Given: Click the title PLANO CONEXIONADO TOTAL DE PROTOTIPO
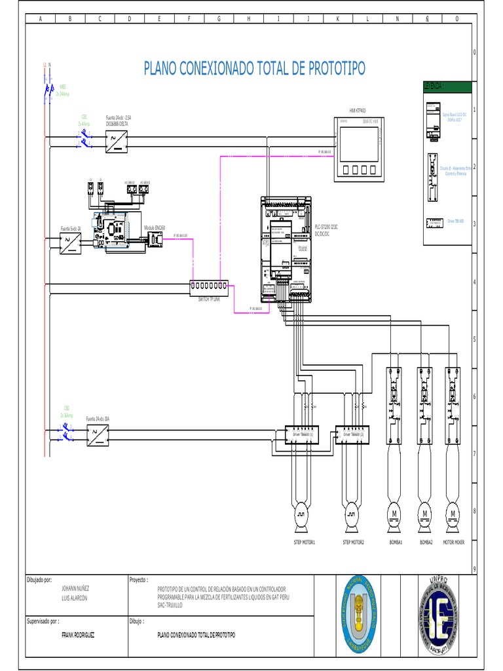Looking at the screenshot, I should point(254,69).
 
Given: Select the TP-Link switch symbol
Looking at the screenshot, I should point(210,286).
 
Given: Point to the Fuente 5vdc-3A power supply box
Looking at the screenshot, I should point(70,243).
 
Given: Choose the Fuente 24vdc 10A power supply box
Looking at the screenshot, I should point(98,433).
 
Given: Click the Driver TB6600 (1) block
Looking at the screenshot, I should point(298,434).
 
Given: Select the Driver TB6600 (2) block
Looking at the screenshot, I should point(352,434).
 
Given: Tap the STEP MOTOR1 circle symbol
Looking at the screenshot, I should point(303,511).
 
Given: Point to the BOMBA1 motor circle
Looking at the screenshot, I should point(395,512).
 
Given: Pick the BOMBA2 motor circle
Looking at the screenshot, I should point(424,512).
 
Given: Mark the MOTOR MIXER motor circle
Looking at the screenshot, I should point(452,512).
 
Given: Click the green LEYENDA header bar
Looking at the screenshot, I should point(447,86).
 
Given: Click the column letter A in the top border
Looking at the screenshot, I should point(40,19).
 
